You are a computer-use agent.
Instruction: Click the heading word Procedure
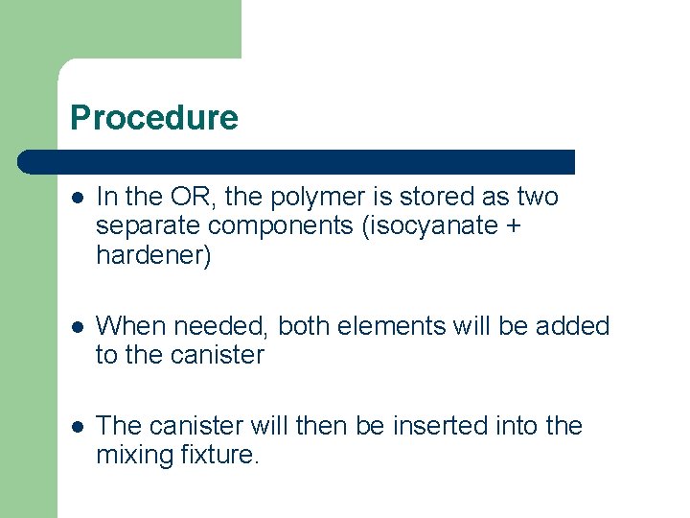(x=154, y=118)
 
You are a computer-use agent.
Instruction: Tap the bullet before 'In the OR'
(x=79, y=198)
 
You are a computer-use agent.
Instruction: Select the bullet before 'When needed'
(x=79, y=327)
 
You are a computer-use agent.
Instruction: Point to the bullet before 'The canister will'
(x=79, y=426)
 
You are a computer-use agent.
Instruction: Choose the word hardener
(x=153, y=255)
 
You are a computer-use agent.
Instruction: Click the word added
(x=572, y=326)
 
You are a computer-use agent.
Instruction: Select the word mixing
(x=134, y=455)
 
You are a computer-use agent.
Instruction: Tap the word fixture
(x=218, y=454)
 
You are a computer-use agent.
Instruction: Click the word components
(x=276, y=226)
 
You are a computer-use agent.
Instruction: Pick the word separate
(x=148, y=226)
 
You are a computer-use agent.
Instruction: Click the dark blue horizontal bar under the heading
(x=297, y=162)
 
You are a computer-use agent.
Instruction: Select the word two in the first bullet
(x=537, y=197)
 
